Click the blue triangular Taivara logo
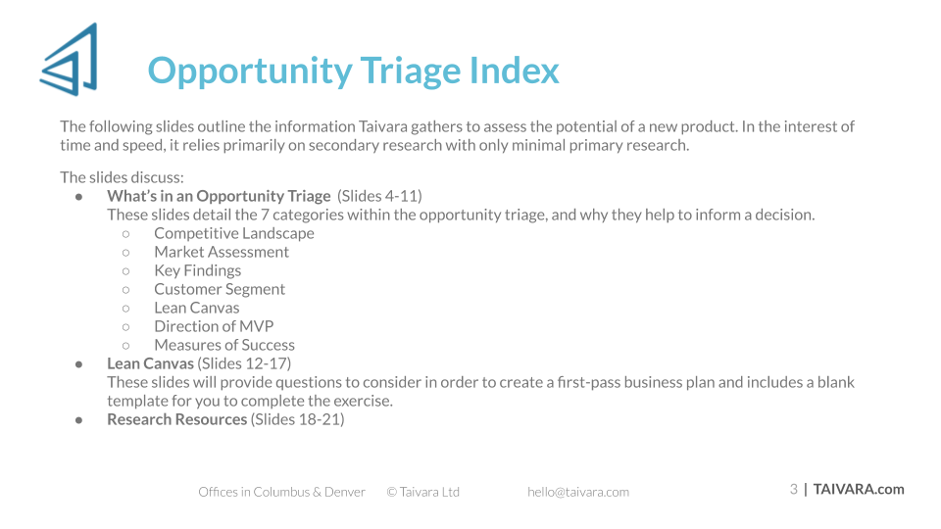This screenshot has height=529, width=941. point(70,60)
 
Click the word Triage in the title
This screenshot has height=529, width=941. point(411,72)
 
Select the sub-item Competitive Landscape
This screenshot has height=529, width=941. point(234,233)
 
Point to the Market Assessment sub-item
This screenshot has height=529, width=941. point(222,252)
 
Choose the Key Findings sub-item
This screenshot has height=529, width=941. point(197,270)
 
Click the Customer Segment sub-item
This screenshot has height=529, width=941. point(220,289)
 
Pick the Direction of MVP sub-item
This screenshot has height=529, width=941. point(214,326)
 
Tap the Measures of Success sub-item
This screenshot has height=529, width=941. point(224,345)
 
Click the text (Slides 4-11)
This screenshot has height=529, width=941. point(379,196)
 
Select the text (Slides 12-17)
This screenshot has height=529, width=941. point(244,363)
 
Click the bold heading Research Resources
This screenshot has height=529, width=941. point(177,419)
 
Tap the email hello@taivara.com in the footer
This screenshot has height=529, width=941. point(578,492)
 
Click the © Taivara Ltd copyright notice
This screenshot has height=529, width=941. point(423,492)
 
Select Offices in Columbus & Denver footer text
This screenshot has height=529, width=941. point(281,492)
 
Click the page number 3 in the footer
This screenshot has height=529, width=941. point(793,490)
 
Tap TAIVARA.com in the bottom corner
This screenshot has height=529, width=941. point(859,490)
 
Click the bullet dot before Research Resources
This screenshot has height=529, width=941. point(78,420)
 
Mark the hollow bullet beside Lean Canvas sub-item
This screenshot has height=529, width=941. point(126,309)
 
